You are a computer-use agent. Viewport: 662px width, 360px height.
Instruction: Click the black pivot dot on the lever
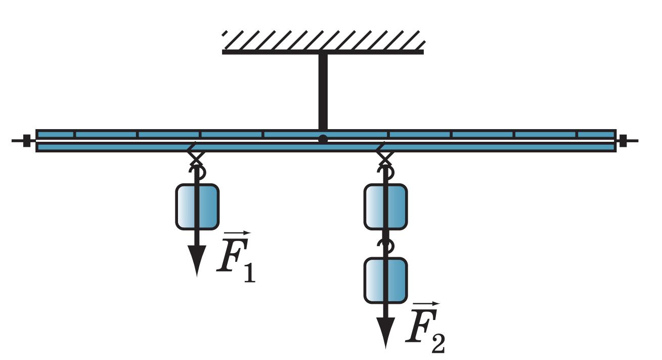coord(323,139)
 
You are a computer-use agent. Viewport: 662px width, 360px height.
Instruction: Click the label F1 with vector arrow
coord(236,257)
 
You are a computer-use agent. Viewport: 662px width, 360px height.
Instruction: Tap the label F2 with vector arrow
coord(425,328)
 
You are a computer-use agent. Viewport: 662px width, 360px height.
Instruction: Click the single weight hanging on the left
coord(197,207)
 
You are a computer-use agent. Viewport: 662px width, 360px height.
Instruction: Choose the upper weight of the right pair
coord(385,207)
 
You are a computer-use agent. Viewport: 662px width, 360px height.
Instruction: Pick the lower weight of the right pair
coord(385,281)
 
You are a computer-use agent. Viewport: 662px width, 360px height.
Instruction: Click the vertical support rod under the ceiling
coord(323,92)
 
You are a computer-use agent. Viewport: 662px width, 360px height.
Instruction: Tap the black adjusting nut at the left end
coord(27,141)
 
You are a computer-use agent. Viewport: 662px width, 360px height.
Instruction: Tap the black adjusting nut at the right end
coord(623,141)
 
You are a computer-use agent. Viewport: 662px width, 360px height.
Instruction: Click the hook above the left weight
coord(198,173)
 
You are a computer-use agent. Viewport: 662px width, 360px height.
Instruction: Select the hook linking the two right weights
coord(386,246)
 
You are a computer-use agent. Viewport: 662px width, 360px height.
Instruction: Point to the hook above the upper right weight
coord(386,173)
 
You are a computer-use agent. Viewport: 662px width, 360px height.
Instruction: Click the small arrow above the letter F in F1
coord(237,233)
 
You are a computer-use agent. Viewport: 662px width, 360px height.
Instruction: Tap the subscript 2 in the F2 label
coord(438,344)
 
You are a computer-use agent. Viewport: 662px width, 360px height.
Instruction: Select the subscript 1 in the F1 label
coord(250,273)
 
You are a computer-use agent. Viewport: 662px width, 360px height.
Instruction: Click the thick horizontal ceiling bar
coord(323,52)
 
